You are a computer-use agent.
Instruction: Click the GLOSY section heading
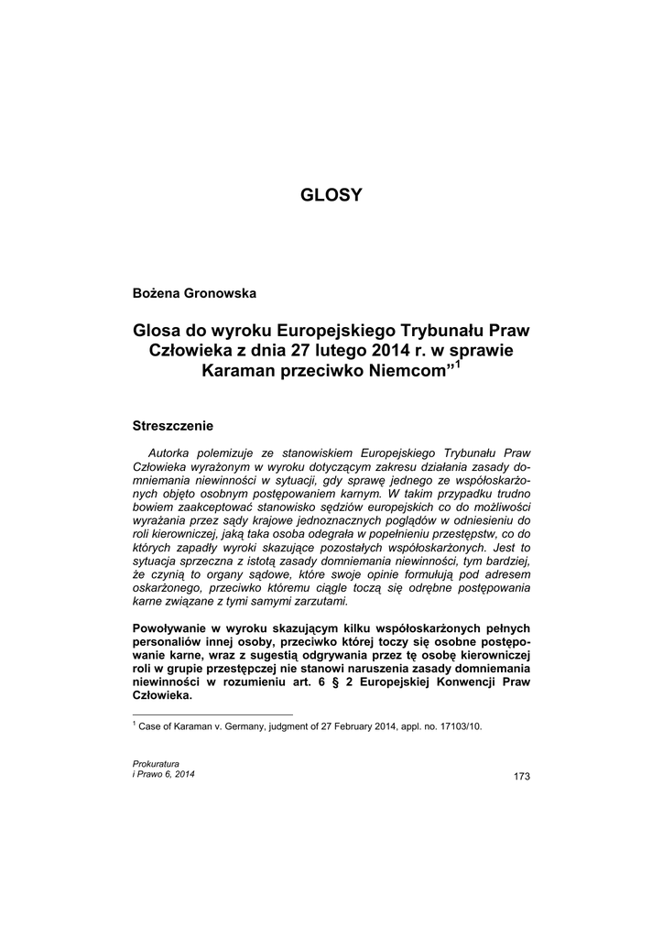[x=331, y=195]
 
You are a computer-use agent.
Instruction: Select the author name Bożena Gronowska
[x=195, y=293]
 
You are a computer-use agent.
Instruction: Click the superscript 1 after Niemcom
[x=459, y=365]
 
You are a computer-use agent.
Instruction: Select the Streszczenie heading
[x=173, y=426]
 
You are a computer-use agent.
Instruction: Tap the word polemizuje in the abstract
[x=233, y=453]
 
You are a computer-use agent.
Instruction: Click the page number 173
[x=522, y=777]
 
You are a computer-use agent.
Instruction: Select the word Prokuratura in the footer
[x=156, y=763]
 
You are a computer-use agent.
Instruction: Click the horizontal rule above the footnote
[x=212, y=714]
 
